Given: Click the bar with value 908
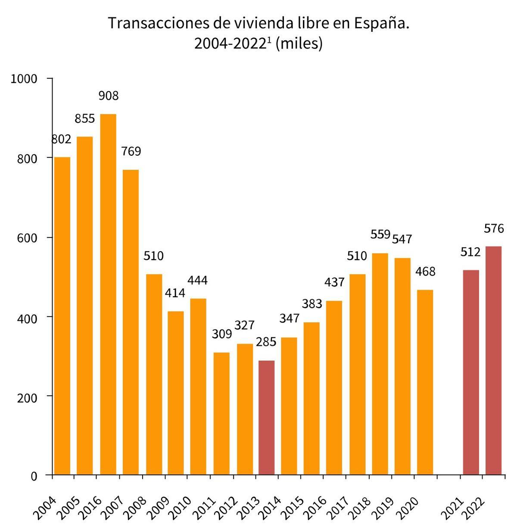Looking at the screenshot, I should (108, 294).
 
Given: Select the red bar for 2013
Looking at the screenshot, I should (266, 418).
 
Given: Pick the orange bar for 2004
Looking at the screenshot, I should (62, 316).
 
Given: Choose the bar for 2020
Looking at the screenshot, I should (425, 382).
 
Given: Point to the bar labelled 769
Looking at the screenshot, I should (131, 322).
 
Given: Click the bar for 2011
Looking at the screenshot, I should (221, 413).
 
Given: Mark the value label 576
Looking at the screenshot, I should (494, 228).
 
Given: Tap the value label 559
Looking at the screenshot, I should (380, 235).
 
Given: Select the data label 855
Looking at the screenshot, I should (85, 119).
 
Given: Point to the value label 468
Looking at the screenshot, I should (425, 271).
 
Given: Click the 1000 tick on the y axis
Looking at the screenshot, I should (25, 79).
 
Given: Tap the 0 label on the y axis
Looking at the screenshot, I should (34, 476).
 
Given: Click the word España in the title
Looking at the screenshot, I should (381, 23).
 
